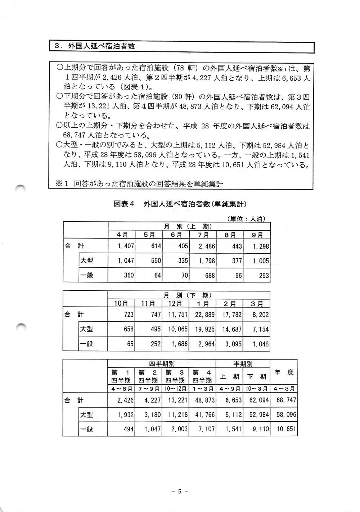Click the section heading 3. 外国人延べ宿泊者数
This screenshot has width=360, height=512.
95,46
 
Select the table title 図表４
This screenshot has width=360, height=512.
124,204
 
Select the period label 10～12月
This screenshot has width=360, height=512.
175,389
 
